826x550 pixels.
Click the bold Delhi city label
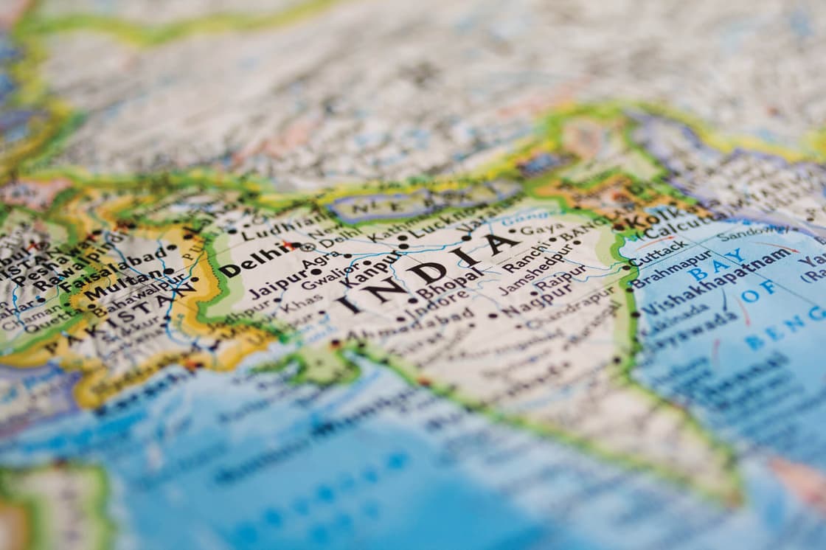coord(246,260)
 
